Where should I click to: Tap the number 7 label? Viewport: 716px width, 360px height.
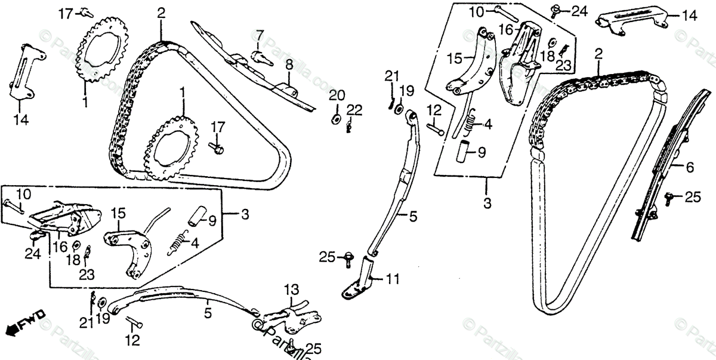[260, 34]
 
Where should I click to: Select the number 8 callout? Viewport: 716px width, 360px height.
[288, 63]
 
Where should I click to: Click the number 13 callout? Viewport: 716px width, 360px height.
[290, 290]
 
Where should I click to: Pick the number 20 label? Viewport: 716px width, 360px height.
[337, 96]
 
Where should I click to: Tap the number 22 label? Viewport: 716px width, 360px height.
[354, 109]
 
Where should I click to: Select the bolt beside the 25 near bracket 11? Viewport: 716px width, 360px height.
[347, 258]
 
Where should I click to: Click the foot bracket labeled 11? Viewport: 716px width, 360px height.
[362, 284]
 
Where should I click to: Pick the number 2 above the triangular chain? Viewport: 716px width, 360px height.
[161, 12]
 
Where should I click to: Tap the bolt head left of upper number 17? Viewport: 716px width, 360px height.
[84, 10]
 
